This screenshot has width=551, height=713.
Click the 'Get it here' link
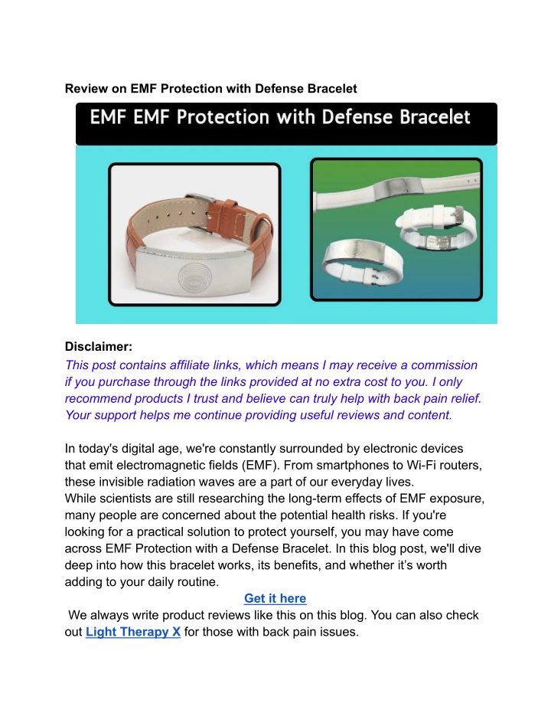275,598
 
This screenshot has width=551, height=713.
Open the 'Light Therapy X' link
133,632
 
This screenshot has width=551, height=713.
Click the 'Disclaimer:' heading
99,346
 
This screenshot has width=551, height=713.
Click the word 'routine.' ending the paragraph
198,582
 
